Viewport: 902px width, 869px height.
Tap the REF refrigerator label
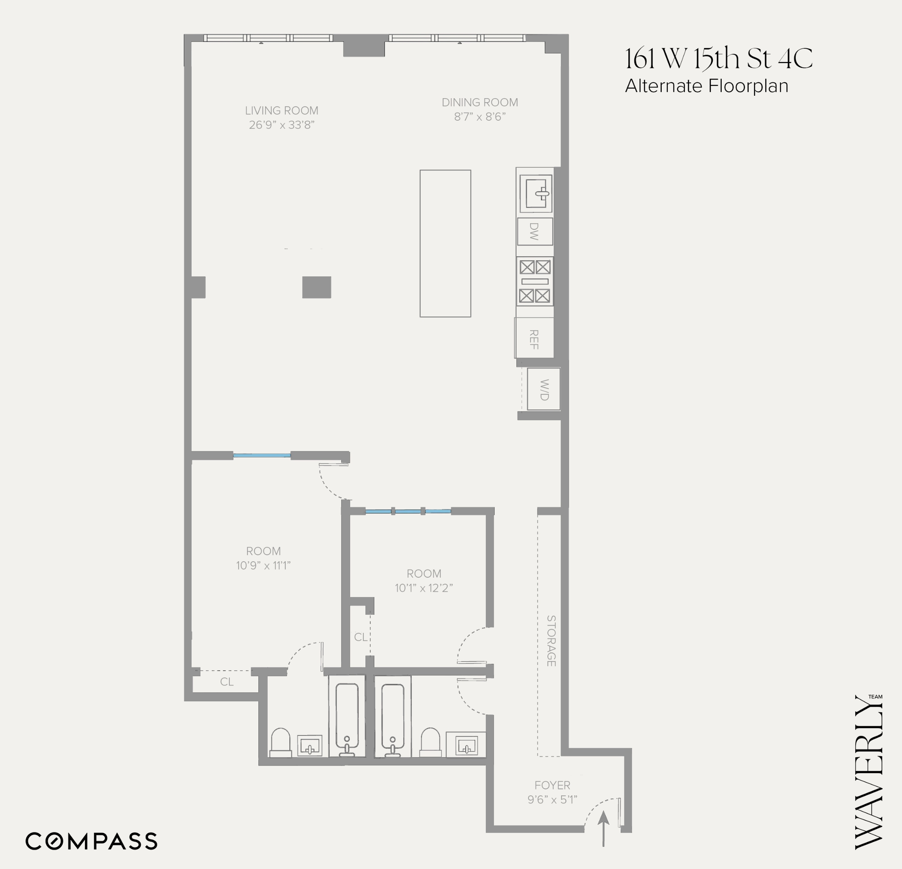coord(534,339)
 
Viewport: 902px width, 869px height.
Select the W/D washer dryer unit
coord(543,389)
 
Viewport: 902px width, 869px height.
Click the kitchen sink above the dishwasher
coord(536,193)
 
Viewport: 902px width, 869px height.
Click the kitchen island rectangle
coord(445,243)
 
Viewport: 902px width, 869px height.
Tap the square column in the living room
coord(317,287)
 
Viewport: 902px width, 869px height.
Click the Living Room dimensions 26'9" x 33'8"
coord(282,125)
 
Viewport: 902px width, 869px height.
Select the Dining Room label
coord(479,103)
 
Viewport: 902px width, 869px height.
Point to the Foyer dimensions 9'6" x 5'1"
coord(552,799)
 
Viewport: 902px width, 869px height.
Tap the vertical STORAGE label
coord(551,640)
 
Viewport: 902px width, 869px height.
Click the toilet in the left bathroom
coord(280,741)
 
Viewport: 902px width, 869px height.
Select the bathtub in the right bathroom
coord(392,718)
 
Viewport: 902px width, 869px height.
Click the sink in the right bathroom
coord(466,745)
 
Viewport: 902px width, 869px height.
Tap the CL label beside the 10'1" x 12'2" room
coord(361,637)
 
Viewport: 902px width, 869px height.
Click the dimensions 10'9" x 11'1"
coord(263,565)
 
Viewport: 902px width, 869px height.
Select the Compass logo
coord(91,841)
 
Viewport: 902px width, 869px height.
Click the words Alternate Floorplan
coord(706,86)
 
